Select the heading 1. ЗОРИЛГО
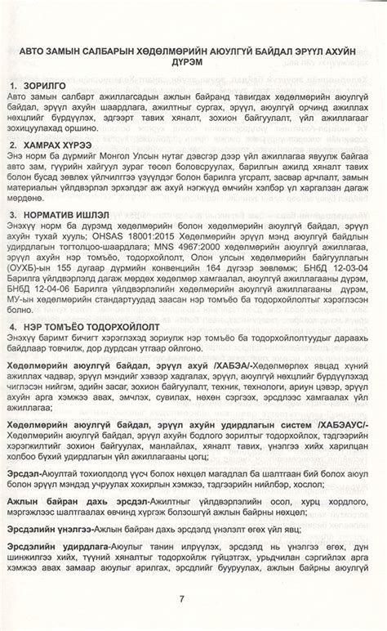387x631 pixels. pyautogui.click(x=42, y=85)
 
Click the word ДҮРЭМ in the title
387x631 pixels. pyautogui.click(x=193, y=62)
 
